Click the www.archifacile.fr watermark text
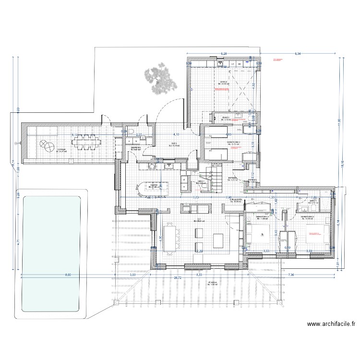(x=331, y=324)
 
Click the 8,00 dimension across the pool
(x=68, y=275)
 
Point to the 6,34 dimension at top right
(x=298, y=54)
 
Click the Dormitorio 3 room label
(x=310, y=217)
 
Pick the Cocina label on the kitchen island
(x=153, y=185)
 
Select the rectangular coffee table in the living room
(x=218, y=239)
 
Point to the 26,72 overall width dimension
(x=178, y=278)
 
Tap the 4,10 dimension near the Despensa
(x=176, y=135)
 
